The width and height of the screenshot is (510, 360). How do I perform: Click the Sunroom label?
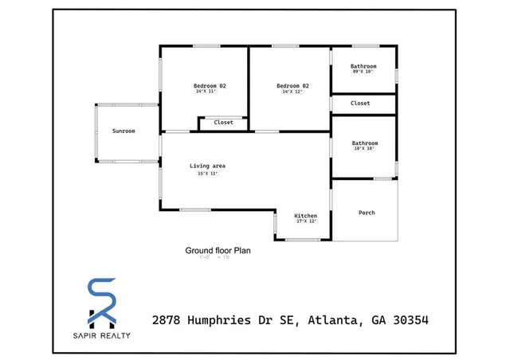pyautogui.click(x=124, y=131)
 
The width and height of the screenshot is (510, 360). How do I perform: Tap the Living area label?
pyautogui.click(x=207, y=166)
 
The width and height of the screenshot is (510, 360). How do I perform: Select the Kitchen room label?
pyautogui.click(x=306, y=216)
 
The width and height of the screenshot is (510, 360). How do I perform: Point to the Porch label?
pyautogui.click(x=367, y=213)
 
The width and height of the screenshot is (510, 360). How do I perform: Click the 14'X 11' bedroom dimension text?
pyautogui.click(x=206, y=92)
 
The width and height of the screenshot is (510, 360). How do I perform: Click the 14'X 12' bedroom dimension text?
pyautogui.click(x=292, y=92)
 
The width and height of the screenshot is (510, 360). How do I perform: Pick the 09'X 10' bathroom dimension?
pyautogui.click(x=363, y=72)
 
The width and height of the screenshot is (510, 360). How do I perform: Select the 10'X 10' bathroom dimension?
pyautogui.click(x=364, y=149)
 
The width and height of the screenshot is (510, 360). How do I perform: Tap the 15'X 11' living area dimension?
pyautogui.click(x=202, y=174)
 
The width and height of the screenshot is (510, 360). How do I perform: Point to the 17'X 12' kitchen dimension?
pyautogui.click(x=306, y=221)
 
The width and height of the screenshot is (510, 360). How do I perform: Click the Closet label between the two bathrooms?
pyautogui.click(x=360, y=103)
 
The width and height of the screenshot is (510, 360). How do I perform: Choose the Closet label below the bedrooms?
pyautogui.click(x=223, y=123)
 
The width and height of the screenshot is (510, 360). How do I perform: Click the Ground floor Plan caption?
pyautogui.click(x=218, y=250)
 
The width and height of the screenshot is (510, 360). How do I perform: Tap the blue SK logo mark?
pyautogui.click(x=101, y=301)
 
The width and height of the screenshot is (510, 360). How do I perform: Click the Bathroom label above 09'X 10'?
pyautogui.click(x=364, y=65)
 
